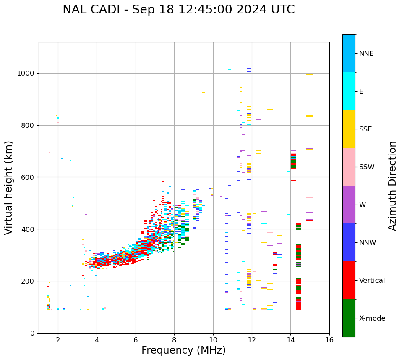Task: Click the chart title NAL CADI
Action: pyautogui.click(x=178, y=10)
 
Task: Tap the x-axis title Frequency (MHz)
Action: pyautogui.click(x=183, y=350)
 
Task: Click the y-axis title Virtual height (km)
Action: pyautogui.click(x=9, y=187)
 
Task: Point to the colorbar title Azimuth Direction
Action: pyautogui.click(x=392, y=186)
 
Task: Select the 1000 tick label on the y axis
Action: pyautogui.click(x=26, y=73)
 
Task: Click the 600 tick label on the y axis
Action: pyautogui.click(x=28, y=177)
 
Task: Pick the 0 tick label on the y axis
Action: pyautogui.click(x=32, y=333)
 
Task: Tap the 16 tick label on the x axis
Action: pyautogui.click(x=329, y=340)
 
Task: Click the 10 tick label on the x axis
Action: pyautogui.click(x=213, y=340)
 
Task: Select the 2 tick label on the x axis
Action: pyautogui.click(x=58, y=340)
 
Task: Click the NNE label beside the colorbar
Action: pyautogui.click(x=366, y=54)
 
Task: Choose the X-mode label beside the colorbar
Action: pyautogui.click(x=372, y=318)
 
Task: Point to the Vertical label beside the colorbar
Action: pyautogui.click(x=372, y=281)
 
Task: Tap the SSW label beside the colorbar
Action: pyautogui.click(x=367, y=167)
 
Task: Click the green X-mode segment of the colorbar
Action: pyautogui.click(x=349, y=318)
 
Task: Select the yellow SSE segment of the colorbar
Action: pyautogui.click(x=349, y=129)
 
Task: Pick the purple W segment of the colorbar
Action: pyautogui.click(x=349, y=205)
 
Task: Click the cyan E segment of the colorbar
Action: pyautogui.click(x=349, y=91)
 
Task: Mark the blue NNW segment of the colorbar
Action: pyautogui.click(x=349, y=242)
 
